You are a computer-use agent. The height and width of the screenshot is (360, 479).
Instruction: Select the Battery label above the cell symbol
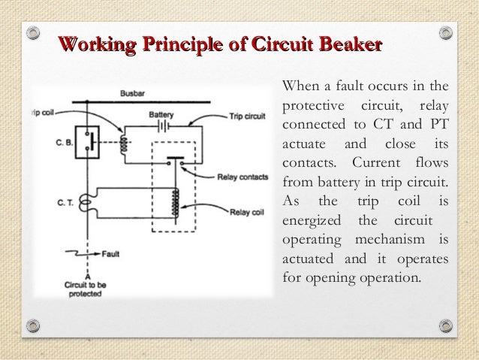pyautogui.click(x=161, y=114)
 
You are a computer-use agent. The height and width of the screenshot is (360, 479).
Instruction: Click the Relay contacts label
pyautogui.click(x=239, y=177)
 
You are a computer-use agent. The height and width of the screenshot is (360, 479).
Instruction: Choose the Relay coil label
pyautogui.click(x=238, y=211)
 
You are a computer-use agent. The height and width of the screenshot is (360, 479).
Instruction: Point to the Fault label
pyautogui.click(x=111, y=254)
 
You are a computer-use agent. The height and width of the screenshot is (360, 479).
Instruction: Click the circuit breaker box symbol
pyautogui.click(x=89, y=141)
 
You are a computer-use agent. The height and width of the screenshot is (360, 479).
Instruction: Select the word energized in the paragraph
pyautogui.click(x=311, y=221)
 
